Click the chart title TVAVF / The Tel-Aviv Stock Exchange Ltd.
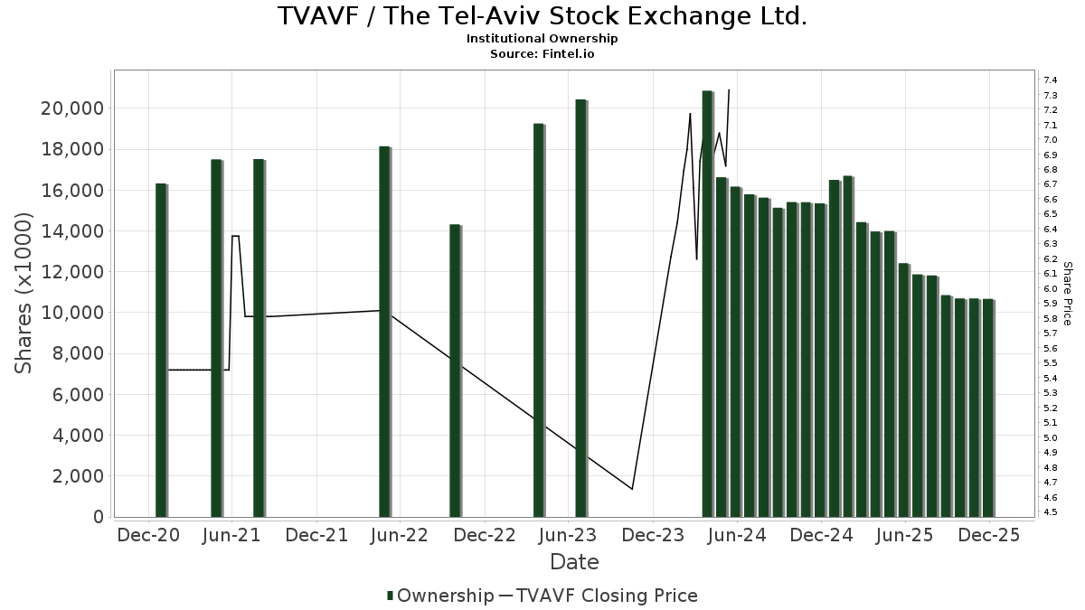[542, 16]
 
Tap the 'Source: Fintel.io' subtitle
[542, 53]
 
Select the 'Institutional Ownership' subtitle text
[542, 39]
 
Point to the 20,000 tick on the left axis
[73, 108]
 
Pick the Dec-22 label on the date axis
[485, 535]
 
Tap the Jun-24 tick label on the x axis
[737, 535]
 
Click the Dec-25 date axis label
[989, 535]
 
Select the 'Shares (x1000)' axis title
[24, 293]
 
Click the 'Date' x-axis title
[574, 562]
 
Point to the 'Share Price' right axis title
[1067, 293]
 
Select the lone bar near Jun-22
[384, 332]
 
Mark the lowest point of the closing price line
[632, 489]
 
